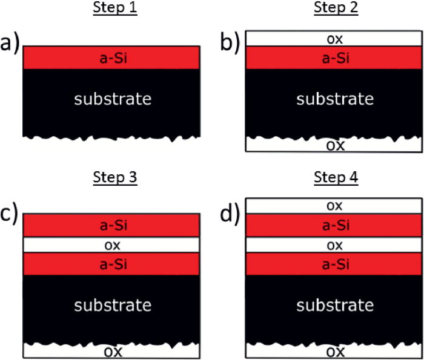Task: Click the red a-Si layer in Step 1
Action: [x=111, y=57]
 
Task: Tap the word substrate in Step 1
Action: [x=112, y=98]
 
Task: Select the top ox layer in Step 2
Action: [x=335, y=39]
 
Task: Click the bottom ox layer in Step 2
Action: [x=335, y=145]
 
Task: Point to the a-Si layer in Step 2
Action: [x=335, y=58]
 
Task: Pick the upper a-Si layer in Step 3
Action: [x=111, y=225]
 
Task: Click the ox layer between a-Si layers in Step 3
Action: [x=111, y=245]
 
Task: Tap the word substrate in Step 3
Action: [x=112, y=303]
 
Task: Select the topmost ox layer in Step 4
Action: [x=335, y=206]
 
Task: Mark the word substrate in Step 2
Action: [x=335, y=98]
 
